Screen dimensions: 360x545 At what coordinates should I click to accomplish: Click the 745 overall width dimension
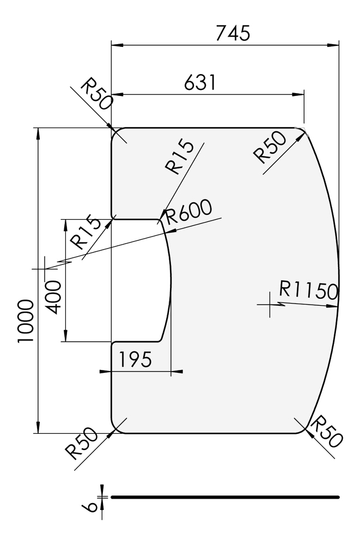233,33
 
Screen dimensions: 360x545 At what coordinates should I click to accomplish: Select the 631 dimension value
200,83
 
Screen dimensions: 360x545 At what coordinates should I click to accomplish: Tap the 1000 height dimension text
26,321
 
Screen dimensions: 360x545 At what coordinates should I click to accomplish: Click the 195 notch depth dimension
136,359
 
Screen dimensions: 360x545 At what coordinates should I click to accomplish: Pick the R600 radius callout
188,212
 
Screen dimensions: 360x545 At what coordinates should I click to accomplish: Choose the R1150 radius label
309,290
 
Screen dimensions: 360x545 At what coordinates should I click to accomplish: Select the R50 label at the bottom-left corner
81,443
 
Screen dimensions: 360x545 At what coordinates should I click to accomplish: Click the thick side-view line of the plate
225,497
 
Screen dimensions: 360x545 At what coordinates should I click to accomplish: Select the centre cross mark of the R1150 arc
270,305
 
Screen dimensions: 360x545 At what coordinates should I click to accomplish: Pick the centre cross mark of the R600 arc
45,269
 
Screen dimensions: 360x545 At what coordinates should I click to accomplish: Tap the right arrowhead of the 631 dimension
298,94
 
